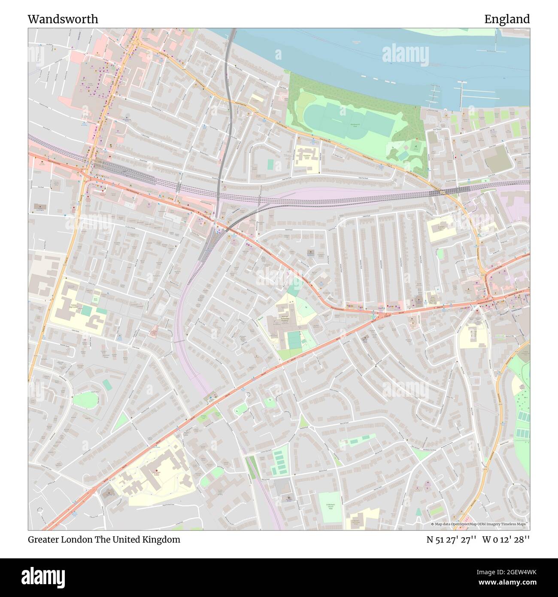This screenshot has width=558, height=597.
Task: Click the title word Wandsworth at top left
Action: point(63,19)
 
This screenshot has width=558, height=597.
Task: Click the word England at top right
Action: point(506,19)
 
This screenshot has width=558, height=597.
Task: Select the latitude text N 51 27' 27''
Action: point(451,539)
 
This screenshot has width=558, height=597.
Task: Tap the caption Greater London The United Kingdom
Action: point(104,539)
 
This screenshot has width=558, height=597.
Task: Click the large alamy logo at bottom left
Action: point(44,577)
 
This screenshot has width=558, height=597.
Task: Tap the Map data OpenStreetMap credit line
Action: point(479,524)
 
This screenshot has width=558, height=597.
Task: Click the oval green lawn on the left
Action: point(85,400)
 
